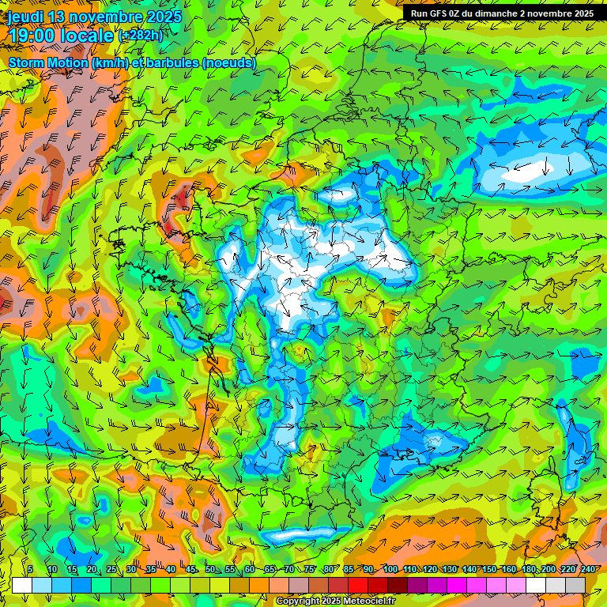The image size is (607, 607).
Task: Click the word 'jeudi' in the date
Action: (26, 16)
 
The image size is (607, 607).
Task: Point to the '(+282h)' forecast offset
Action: (141, 36)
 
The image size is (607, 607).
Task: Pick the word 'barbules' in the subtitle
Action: (173, 62)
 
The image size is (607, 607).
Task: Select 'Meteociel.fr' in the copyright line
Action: (370, 601)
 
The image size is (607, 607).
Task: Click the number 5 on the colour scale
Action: (30, 570)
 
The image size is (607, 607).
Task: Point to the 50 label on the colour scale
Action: (210, 570)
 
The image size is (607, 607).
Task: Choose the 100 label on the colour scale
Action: (390, 570)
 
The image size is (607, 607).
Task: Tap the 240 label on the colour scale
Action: (587, 570)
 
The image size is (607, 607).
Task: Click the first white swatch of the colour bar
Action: (22, 585)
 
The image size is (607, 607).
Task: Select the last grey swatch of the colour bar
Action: (575, 585)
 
